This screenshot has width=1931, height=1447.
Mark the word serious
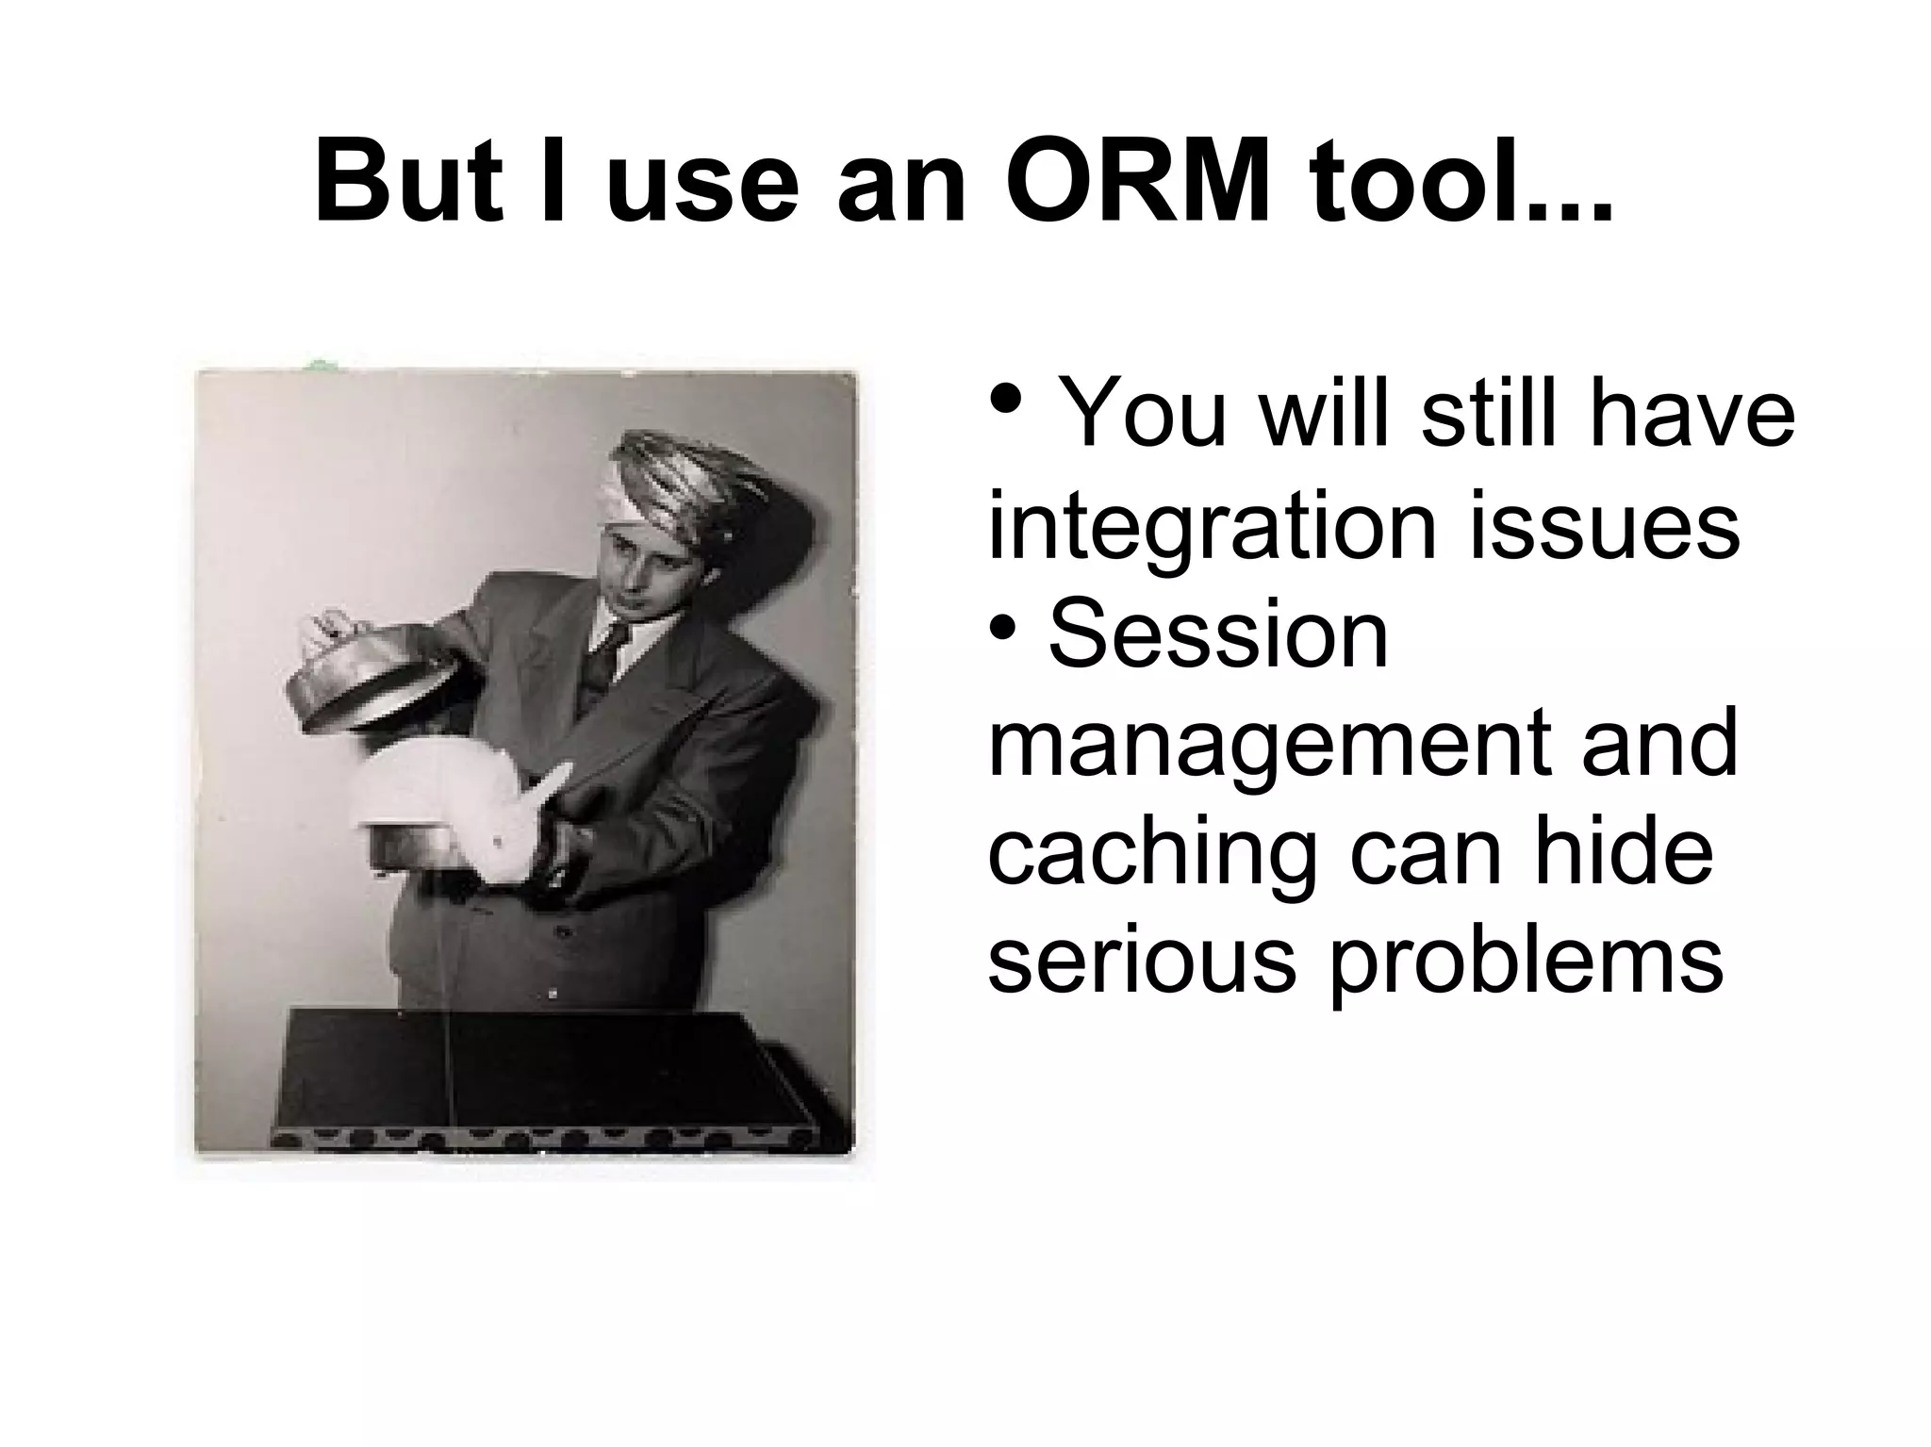(1141, 962)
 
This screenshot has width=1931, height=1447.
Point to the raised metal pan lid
(368, 679)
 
